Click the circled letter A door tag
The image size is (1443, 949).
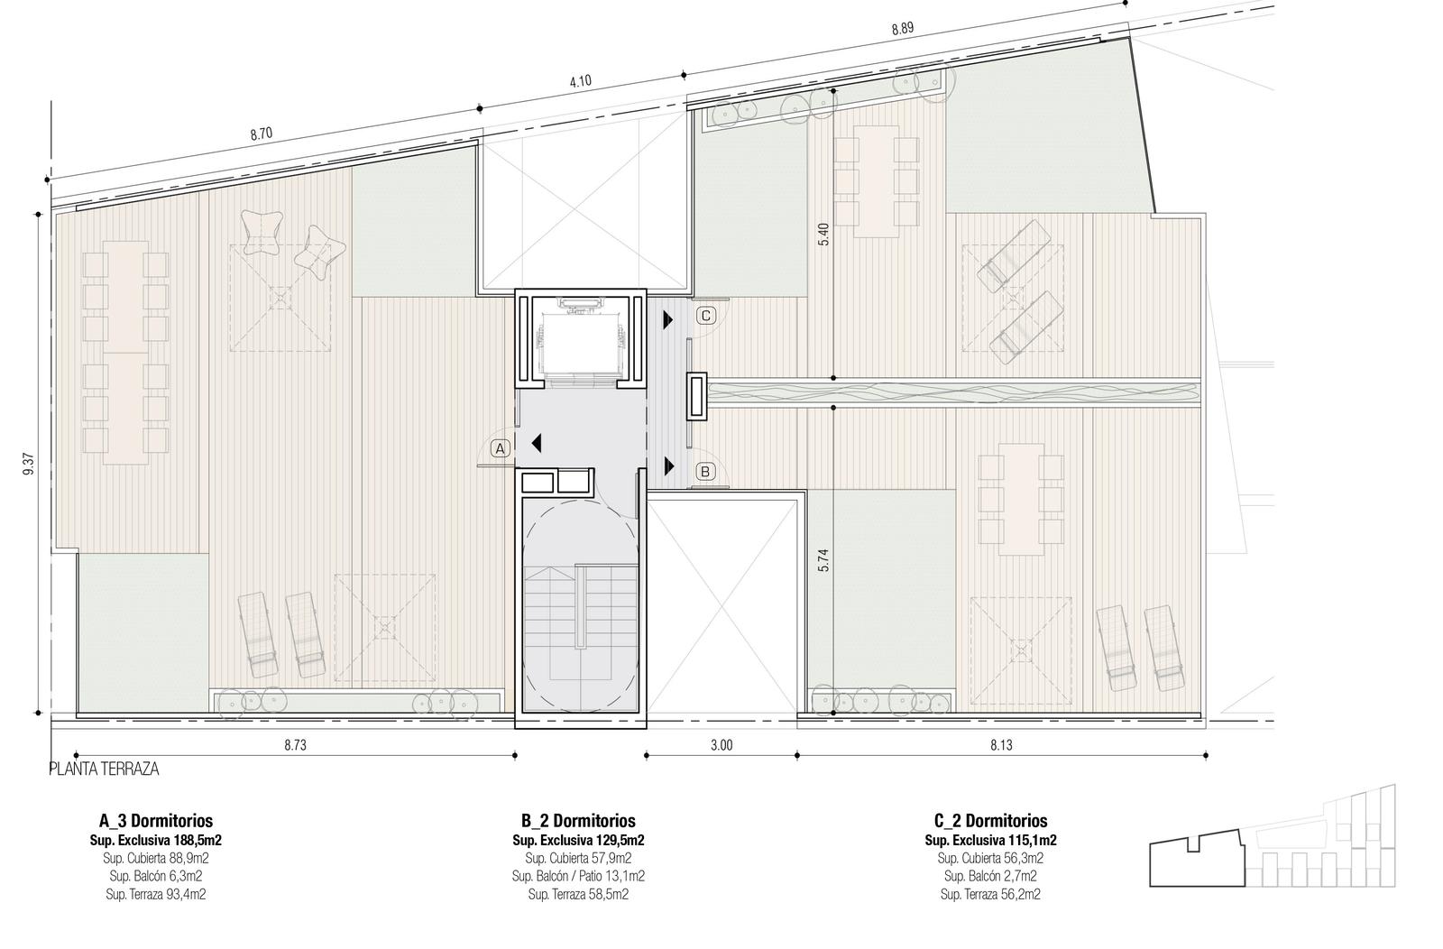click(x=501, y=449)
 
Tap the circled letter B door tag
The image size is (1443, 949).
click(x=705, y=472)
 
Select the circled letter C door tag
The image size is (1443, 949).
click(x=706, y=316)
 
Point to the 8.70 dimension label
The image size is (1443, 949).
click(x=262, y=134)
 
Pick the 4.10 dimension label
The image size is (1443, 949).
click(x=581, y=81)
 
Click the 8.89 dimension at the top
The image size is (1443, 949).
click(x=903, y=29)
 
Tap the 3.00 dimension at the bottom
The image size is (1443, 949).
click(x=721, y=745)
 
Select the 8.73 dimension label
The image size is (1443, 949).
click(x=295, y=745)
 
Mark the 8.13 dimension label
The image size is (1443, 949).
click(x=1001, y=745)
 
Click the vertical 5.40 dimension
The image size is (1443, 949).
click(x=823, y=234)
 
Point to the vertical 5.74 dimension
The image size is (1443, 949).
click(x=823, y=560)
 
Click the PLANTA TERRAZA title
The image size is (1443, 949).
click(x=105, y=769)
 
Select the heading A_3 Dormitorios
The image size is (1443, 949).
click(x=156, y=821)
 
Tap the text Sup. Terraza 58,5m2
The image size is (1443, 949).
click(x=578, y=894)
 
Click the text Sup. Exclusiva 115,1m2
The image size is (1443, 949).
click(x=991, y=840)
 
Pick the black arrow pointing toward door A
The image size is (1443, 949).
click(x=536, y=443)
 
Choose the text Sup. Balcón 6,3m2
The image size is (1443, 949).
click(x=156, y=876)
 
